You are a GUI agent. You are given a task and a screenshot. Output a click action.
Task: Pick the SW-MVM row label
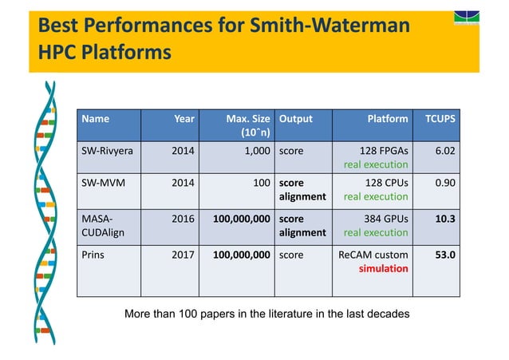(103, 181)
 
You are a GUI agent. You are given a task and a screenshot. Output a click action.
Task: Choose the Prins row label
(95, 254)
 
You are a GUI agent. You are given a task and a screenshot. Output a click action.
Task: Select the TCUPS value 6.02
(445, 149)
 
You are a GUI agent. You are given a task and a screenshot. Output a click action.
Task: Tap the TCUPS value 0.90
(445, 181)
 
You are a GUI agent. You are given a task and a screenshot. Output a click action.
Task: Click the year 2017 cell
(183, 254)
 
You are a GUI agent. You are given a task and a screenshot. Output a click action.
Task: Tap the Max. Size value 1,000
(254, 149)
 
